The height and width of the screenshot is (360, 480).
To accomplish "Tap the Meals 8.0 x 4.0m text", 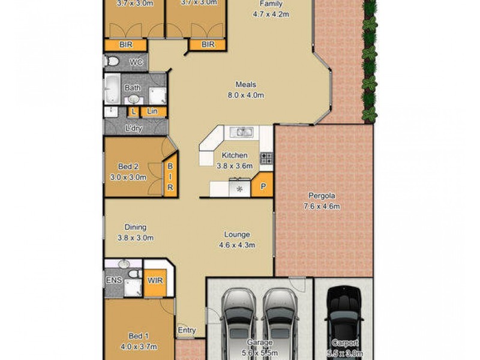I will tap(246, 90).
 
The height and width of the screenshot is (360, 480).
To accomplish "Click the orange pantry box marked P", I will tap(263, 186).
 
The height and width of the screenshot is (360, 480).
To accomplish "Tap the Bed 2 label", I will tap(129, 172).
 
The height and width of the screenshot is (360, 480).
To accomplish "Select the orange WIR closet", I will tap(155, 280).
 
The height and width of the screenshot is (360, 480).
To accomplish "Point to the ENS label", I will tap(115, 280).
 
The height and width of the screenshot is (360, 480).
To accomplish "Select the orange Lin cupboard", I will tap(152, 111).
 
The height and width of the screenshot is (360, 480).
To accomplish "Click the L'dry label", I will tap(134, 128).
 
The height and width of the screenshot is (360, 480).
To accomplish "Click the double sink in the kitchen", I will tap(244, 131).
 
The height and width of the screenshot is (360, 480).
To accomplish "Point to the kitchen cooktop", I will tap(266, 158).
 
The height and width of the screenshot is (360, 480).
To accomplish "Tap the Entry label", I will tap(187, 329).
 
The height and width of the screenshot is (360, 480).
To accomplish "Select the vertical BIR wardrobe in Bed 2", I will tap(170, 178).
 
